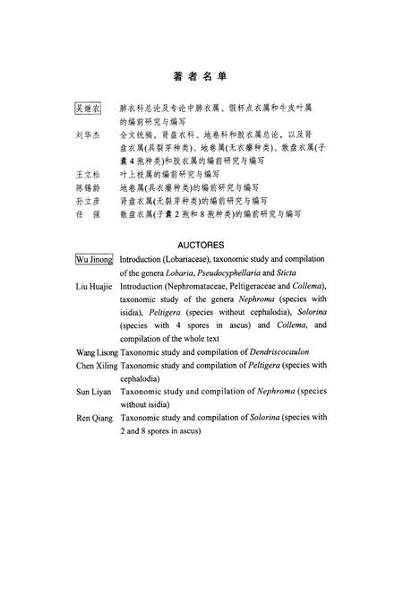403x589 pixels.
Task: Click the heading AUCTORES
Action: click(201, 244)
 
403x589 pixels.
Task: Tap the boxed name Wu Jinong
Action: click(94, 259)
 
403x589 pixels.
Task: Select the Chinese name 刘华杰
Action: click(88, 134)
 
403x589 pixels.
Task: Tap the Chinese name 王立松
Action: click(88, 173)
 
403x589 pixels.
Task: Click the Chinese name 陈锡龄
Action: click(88, 187)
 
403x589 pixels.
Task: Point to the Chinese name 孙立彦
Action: click(88, 202)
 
